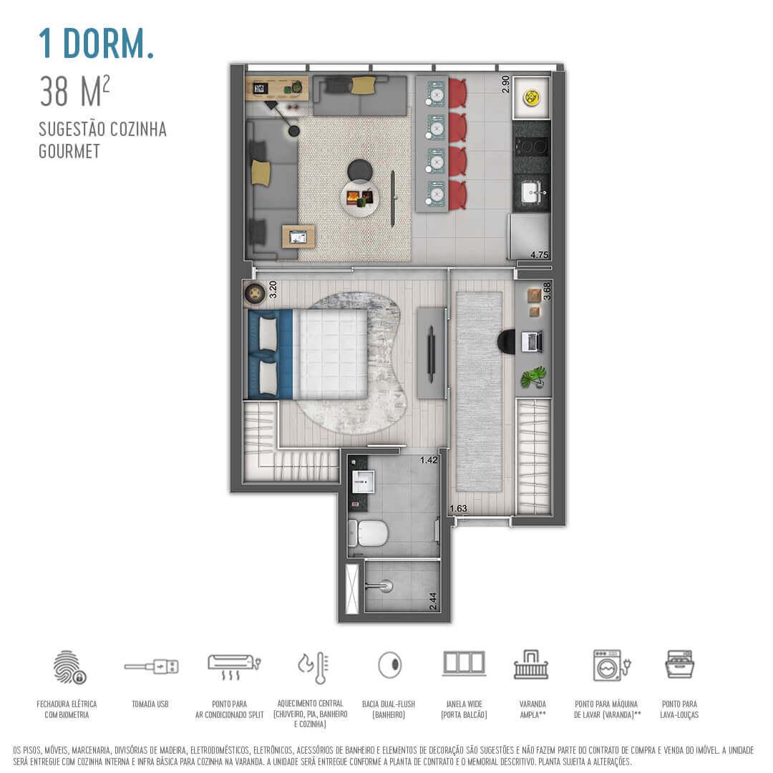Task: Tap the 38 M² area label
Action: [75, 92]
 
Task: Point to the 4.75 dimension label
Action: [538, 255]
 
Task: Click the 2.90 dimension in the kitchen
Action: [505, 84]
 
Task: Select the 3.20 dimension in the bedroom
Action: [272, 290]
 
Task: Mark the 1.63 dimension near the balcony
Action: [458, 509]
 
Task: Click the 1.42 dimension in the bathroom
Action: [429, 460]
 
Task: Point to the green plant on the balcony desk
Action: [533, 376]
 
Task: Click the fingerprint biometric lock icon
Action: [69, 666]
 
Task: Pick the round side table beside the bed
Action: [255, 293]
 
